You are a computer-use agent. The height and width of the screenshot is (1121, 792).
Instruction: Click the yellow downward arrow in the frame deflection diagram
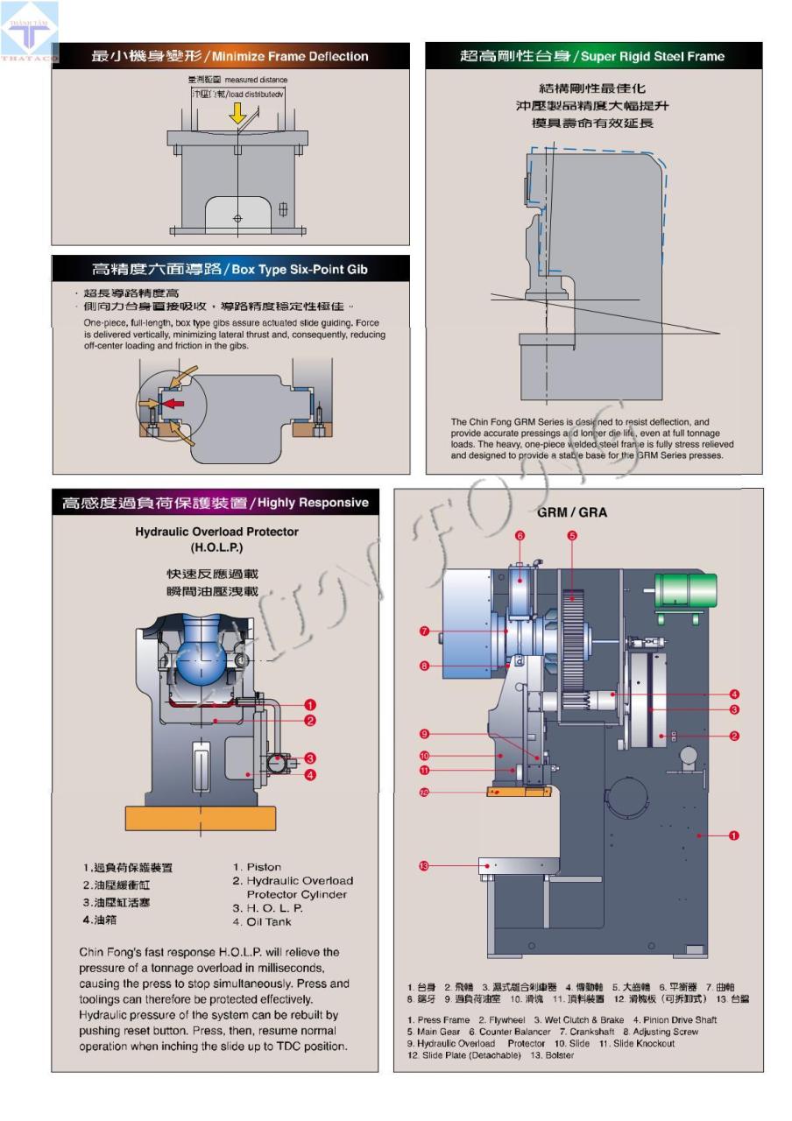point(237,112)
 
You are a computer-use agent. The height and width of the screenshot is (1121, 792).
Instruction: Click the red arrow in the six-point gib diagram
point(173,404)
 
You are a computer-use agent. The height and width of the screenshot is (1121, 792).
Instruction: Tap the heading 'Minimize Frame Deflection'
point(230,56)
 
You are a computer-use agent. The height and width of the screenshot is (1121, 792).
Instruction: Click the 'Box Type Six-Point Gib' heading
point(230,269)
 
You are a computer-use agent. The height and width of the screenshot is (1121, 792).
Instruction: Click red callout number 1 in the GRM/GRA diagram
point(734,835)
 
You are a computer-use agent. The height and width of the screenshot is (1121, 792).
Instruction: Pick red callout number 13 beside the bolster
point(424,866)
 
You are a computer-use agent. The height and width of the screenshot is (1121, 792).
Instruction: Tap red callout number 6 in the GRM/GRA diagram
point(520,535)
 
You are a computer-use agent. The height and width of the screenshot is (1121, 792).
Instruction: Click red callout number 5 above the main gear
point(572,535)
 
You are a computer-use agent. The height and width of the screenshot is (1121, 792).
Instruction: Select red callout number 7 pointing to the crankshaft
point(424,631)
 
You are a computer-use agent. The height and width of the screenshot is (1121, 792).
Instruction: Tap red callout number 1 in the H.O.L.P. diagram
point(310,704)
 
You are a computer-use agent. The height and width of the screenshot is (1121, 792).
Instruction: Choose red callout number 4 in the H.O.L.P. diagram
point(310,774)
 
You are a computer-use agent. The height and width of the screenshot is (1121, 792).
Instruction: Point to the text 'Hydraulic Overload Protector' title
point(216,532)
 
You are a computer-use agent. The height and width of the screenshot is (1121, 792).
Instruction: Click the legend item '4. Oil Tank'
point(262,921)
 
